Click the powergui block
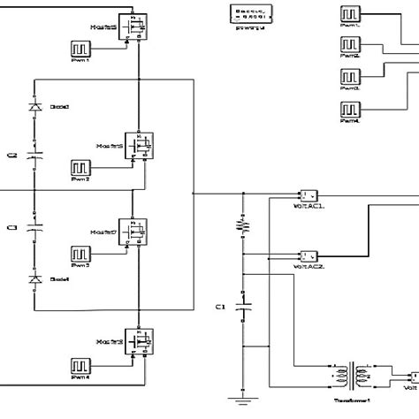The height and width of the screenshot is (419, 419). (x=252, y=13)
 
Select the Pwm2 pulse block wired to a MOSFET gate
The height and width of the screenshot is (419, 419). (x=80, y=167)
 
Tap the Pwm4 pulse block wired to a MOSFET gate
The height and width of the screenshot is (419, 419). (x=80, y=363)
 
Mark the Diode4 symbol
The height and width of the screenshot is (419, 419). (x=35, y=280)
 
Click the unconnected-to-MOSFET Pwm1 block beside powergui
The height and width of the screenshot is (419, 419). (x=349, y=15)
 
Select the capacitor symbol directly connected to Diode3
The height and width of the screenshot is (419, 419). (x=35, y=156)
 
